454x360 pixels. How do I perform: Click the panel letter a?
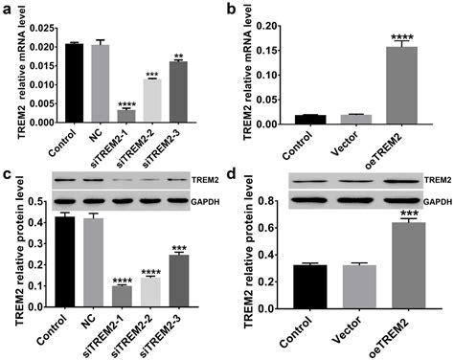coord(6,8)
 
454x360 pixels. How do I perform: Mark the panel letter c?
coord(6,177)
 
